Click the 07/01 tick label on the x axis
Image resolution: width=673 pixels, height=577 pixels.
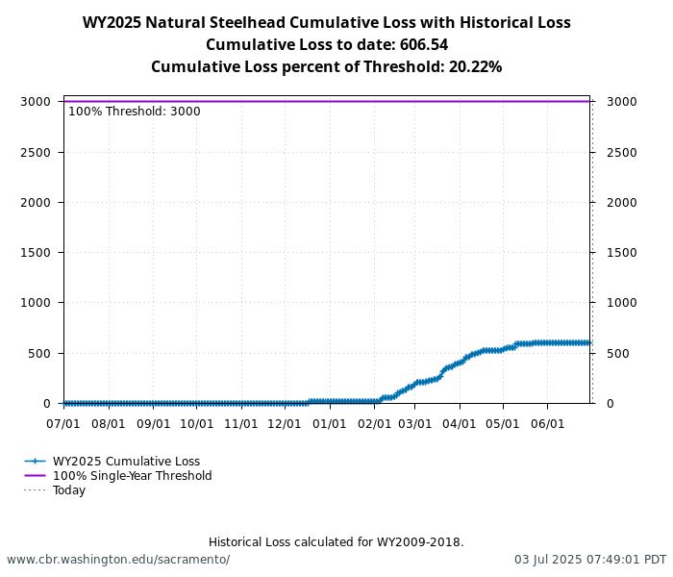click(63, 423)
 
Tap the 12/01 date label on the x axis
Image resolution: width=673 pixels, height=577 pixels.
click(285, 423)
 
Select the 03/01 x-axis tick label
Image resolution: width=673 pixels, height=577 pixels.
click(415, 423)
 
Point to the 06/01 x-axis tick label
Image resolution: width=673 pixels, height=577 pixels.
click(547, 423)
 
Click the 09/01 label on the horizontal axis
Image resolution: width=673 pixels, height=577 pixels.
click(153, 423)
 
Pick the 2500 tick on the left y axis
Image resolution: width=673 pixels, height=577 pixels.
click(36, 152)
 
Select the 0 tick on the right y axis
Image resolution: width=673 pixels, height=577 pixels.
click(609, 403)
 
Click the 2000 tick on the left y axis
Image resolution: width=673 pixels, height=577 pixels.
click(36, 202)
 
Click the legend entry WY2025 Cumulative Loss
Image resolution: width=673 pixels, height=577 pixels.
click(126, 462)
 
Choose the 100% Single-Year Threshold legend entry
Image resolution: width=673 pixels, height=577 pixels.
click(132, 476)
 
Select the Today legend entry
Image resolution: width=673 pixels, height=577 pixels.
click(69, 490)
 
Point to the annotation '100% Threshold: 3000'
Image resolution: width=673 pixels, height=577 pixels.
click(135, 112)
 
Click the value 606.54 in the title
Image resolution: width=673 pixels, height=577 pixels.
click(421, 45)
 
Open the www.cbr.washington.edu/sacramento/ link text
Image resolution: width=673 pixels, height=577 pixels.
click(118, 560)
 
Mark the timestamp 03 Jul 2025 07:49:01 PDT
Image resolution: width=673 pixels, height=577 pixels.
click(589, 560)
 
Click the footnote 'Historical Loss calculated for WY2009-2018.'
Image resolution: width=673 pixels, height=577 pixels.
click(336, 542)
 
